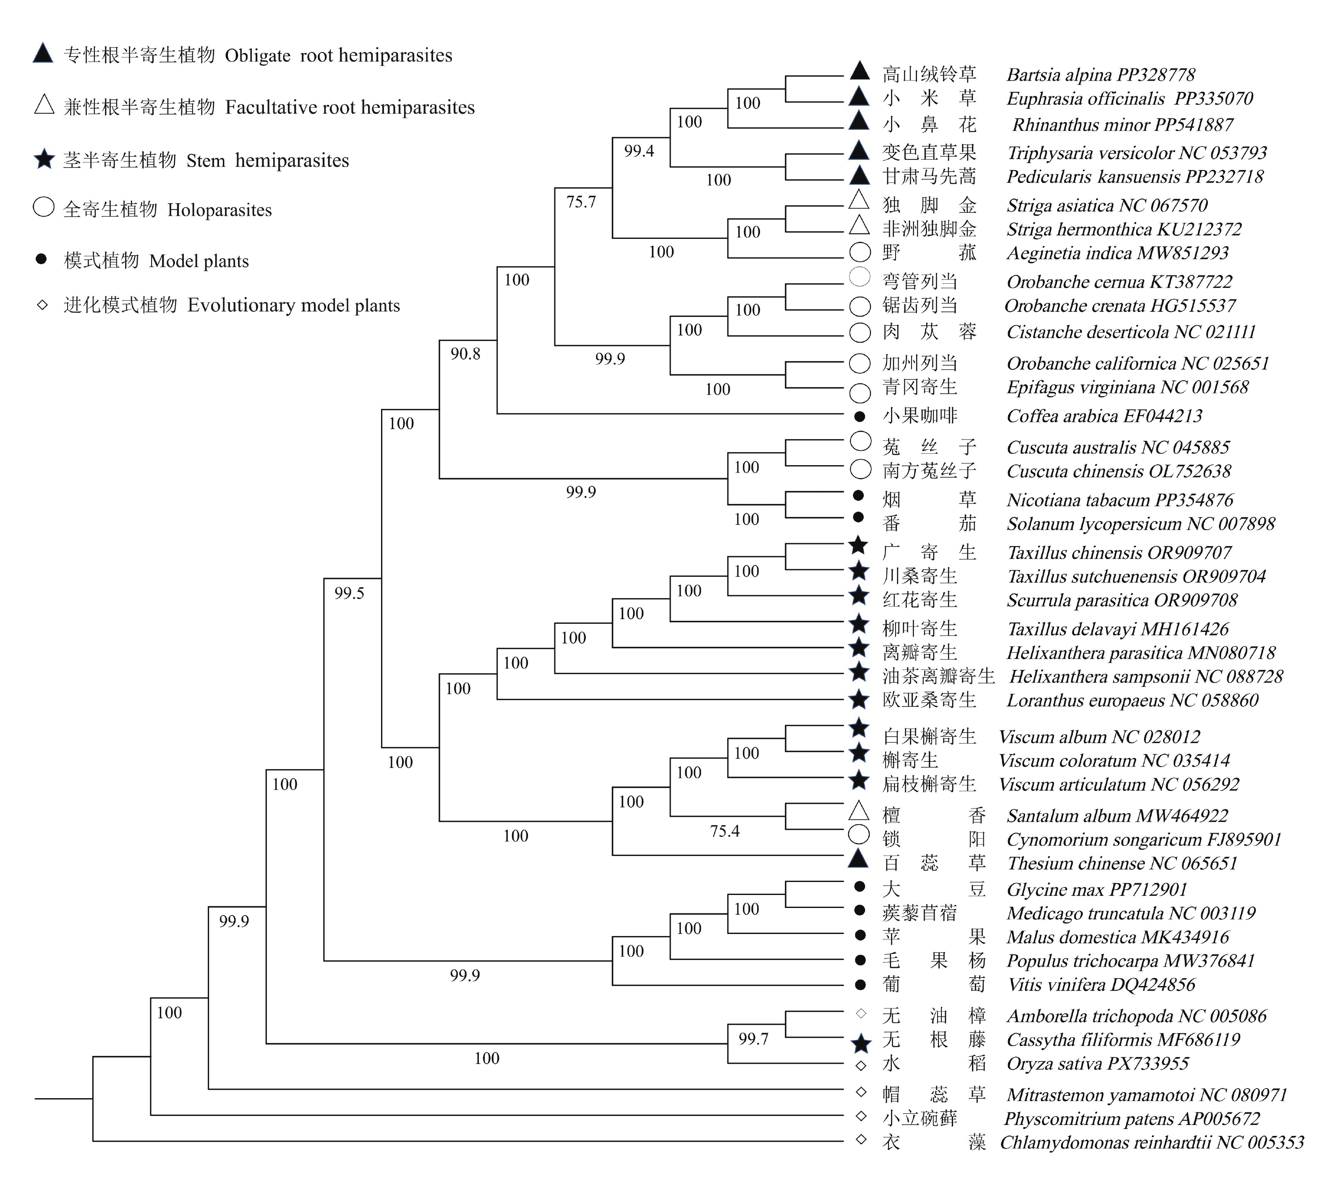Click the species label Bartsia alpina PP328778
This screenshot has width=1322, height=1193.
1100,75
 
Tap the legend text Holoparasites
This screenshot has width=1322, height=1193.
219,210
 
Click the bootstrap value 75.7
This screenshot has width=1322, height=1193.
581,202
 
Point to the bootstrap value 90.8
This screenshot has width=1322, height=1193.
465,354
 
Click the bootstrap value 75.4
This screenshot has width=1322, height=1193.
724,831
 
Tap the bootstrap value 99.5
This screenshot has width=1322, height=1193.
349,593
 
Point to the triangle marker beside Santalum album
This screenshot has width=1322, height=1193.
859,811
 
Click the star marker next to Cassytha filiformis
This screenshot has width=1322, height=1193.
861,1044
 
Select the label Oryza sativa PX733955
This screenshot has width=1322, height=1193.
1097,1063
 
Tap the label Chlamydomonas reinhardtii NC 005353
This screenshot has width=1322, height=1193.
1152,1143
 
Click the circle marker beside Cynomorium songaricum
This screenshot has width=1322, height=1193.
859,835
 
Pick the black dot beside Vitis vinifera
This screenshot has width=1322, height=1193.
861,984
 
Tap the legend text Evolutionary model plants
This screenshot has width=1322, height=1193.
294,306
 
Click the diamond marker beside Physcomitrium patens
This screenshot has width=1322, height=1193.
861,1116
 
